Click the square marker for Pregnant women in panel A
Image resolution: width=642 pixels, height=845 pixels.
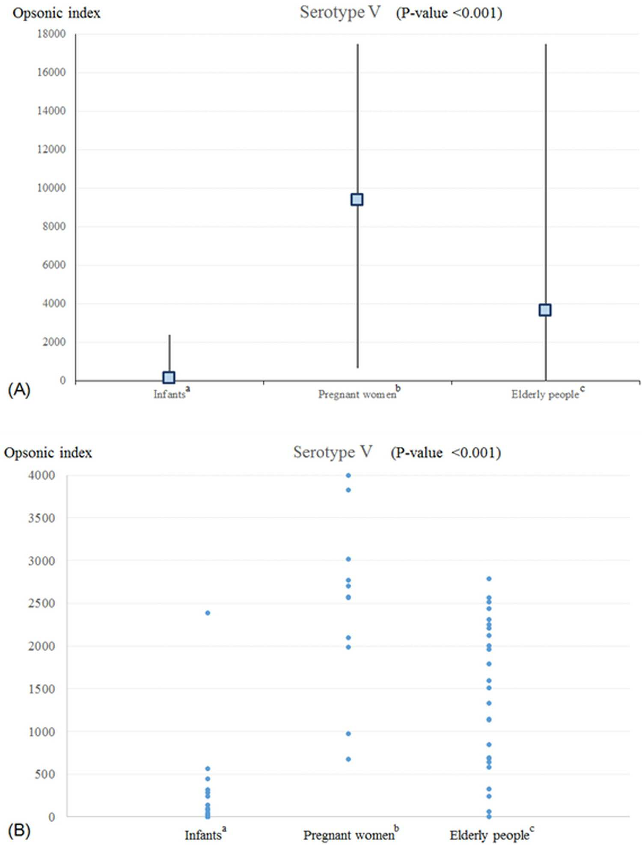coord(357,199)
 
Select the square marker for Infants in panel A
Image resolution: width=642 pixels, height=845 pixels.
coord(169,377)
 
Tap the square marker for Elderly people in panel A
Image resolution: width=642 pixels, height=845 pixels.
coord(545,310)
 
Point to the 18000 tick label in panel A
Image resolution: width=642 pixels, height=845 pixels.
coord(51,34)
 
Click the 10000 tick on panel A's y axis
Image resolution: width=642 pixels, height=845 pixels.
coord(51,188)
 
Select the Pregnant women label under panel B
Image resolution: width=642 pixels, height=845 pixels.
coord(351,834)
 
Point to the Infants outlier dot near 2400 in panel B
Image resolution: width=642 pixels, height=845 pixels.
coord(208,613)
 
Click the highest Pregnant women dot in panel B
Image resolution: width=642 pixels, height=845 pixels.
coord(348,475)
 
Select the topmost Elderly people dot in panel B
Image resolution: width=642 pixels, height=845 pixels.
coord(489,579)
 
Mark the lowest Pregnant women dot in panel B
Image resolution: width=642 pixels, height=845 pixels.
coord(348,759)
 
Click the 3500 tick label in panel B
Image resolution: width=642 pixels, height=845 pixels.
coord(42,518)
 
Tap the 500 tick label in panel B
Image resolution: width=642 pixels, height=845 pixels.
coord(45,774)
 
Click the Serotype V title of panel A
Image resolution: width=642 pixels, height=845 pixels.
coord(340,12)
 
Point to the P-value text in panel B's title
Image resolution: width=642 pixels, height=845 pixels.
coord(446,453)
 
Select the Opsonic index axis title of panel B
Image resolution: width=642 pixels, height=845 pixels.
coord(48,453)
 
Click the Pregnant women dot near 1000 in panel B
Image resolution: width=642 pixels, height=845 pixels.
coord(348,734)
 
